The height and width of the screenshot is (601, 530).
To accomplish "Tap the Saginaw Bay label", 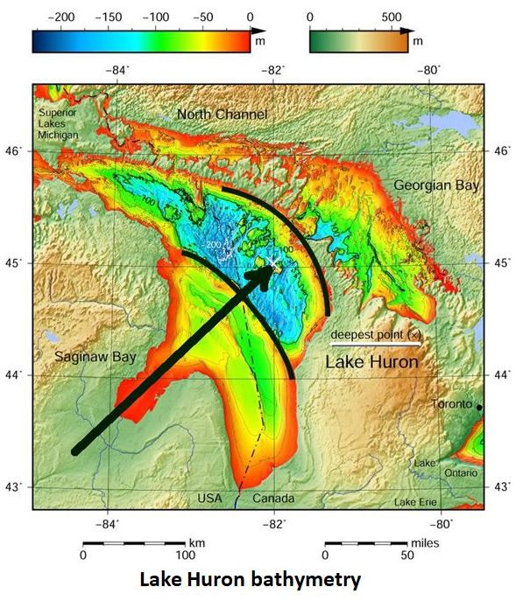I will pos(93,357).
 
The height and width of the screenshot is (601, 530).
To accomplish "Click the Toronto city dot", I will pos(480,407).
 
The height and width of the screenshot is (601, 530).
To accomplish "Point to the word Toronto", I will pos(453,404).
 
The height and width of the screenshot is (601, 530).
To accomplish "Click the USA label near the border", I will pos(210,499).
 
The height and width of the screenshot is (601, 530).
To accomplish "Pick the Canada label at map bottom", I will pos(272,499).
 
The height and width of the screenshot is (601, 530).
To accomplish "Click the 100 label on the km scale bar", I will pos(185,555).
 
